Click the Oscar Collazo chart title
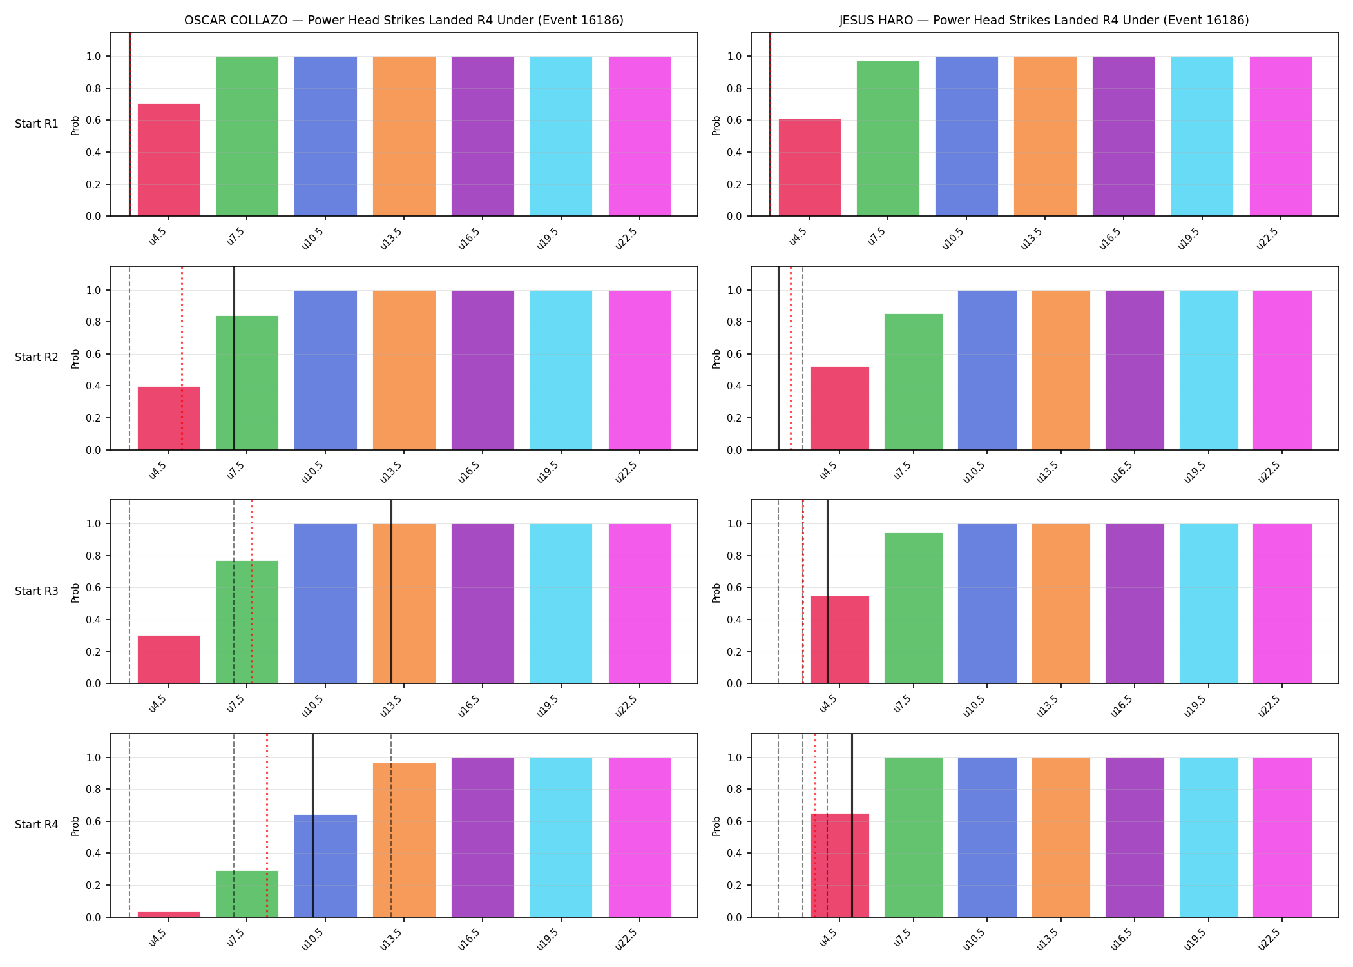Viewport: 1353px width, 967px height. tap(404, 20)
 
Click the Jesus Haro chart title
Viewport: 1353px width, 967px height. tap(1044, 20)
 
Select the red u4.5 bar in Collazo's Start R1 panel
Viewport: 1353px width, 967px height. tap(169, 160)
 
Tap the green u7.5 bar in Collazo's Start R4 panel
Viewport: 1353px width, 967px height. tap(247, 894)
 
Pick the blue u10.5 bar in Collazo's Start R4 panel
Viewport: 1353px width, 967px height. tap(325, 866)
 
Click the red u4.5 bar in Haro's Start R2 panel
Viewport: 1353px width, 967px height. tap(840, 408)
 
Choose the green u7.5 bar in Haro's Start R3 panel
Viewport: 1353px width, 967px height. tap(914, 608)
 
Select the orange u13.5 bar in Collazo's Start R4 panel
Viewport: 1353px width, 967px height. tap(404, 840)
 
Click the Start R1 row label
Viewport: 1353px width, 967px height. tap(37, 124)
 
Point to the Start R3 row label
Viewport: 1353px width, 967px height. tap(37, 591)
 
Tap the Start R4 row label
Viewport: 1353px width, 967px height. tap(37, 825)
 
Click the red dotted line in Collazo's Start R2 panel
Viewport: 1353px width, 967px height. tap(182, 358)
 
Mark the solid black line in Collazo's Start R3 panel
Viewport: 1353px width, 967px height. tap(391, 591)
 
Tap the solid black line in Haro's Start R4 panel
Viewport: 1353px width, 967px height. tap(852, 825)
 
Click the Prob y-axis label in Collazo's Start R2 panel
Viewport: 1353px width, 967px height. tap(75, 358)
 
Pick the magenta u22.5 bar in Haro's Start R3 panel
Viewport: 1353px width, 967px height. tap(1282, 603)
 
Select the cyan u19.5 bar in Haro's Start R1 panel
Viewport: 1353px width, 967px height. tap(1202, 136)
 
